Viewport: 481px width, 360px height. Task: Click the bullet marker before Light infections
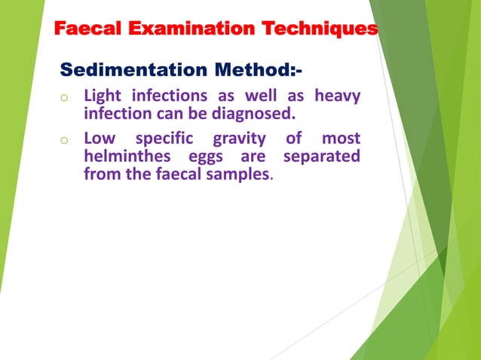pos(66,98)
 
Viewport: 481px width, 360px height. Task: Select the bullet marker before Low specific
pos(66,140)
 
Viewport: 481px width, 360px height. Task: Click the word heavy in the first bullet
pos(336,96)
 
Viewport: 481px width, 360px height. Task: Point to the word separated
pos(320,157)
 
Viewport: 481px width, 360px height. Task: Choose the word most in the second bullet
pos(341,139)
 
